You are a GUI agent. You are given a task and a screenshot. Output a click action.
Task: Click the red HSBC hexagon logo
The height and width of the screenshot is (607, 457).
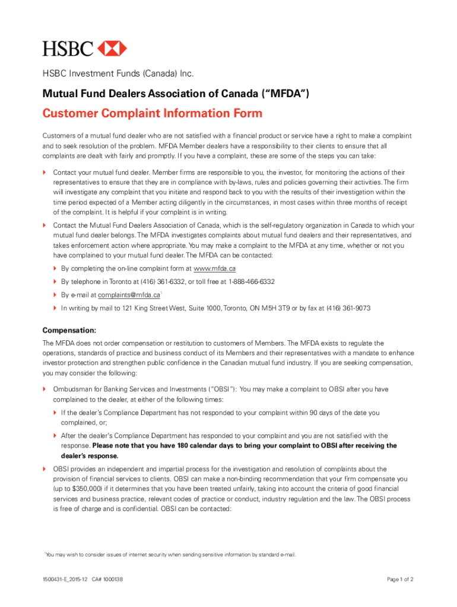[112, 48]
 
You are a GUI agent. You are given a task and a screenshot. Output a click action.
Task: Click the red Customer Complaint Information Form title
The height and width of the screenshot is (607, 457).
[152, 113]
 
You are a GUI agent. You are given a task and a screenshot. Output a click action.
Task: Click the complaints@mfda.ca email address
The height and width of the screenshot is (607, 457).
[129, 295]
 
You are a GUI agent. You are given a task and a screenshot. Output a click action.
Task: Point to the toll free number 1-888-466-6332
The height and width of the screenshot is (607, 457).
[252, 282]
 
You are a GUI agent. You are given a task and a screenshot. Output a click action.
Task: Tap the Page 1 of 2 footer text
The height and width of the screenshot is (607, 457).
[400, 579]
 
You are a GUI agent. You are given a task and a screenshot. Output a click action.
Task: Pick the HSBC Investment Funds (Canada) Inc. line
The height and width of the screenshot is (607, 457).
[118, 74]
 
